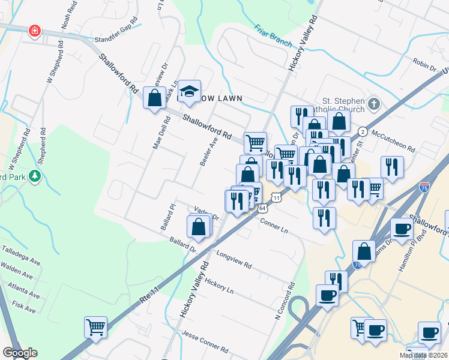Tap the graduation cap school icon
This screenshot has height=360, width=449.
(x=189, y=91)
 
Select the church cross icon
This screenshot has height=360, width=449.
(x=373, y=104)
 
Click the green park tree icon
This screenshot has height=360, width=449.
(x=35, y=176)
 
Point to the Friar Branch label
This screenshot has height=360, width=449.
(x=273, y=36)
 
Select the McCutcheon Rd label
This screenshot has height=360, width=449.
(x=394, y=140)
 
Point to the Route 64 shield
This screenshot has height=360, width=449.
(x=263, y=208)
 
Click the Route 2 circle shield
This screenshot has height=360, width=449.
(x=363, y=131)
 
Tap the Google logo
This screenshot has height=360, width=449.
(x=19, y=353)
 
